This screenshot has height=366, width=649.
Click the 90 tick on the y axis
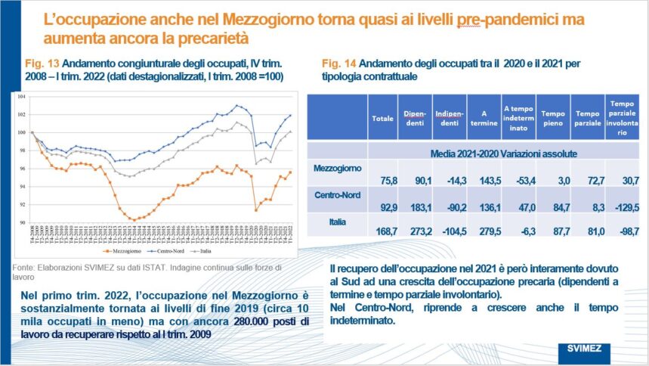(x=22, y=222)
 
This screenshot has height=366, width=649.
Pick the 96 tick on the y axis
(x=22, y=169)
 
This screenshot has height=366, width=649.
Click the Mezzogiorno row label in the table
(x=337, y=168)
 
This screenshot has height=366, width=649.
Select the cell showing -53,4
(x=518, y=179)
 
